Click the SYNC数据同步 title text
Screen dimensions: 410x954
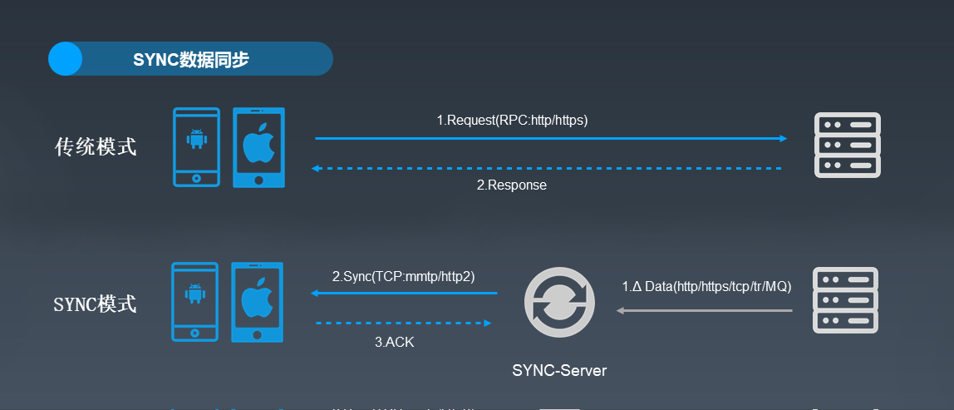[190, 60]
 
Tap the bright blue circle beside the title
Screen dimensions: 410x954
[66, 59]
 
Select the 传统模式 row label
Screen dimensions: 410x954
[96, 147]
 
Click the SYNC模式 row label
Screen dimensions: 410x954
[95, 304]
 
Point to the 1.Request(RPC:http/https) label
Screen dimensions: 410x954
[512, 121]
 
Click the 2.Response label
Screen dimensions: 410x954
[511, 185]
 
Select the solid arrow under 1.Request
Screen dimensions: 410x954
[550, 139]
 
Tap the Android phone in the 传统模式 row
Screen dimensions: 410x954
[196, 147]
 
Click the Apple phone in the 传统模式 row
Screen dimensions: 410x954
[258, 147]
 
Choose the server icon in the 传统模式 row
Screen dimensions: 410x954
[847, 145]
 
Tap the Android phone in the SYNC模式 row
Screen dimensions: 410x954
[195, 302]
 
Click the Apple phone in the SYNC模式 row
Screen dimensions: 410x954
[257, 302]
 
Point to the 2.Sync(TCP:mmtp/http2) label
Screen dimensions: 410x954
[403, 276]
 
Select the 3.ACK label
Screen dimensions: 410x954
[394, 342]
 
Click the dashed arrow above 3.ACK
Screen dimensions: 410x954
[404, 323]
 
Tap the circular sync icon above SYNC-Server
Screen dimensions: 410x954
[558, 303]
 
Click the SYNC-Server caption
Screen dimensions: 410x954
[559, 370]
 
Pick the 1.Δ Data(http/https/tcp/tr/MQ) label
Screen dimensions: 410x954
[706, 287]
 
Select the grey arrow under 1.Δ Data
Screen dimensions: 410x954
[704, 311]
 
